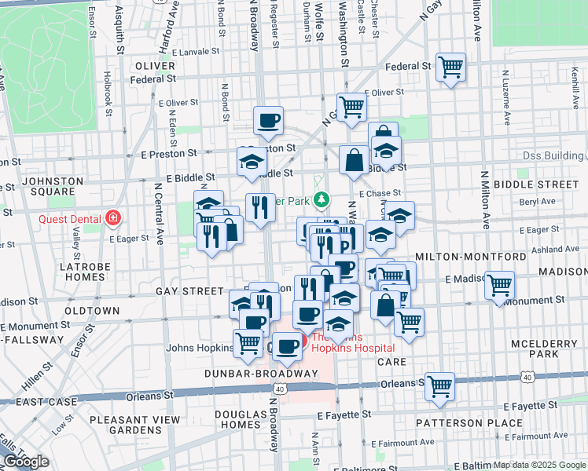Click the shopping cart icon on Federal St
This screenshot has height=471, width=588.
(450, 67)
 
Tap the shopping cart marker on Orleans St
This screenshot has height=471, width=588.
(439, 385)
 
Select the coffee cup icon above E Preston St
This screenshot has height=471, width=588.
(268, 121)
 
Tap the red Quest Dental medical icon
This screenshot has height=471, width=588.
(114, 217)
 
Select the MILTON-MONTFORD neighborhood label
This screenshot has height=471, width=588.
(471, 257)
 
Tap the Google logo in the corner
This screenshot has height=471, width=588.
(25, 462)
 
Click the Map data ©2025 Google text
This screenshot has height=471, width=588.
(538, 465)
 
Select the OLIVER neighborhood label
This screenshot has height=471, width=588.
(154, 66)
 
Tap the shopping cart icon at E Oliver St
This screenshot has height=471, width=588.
(351, 106)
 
